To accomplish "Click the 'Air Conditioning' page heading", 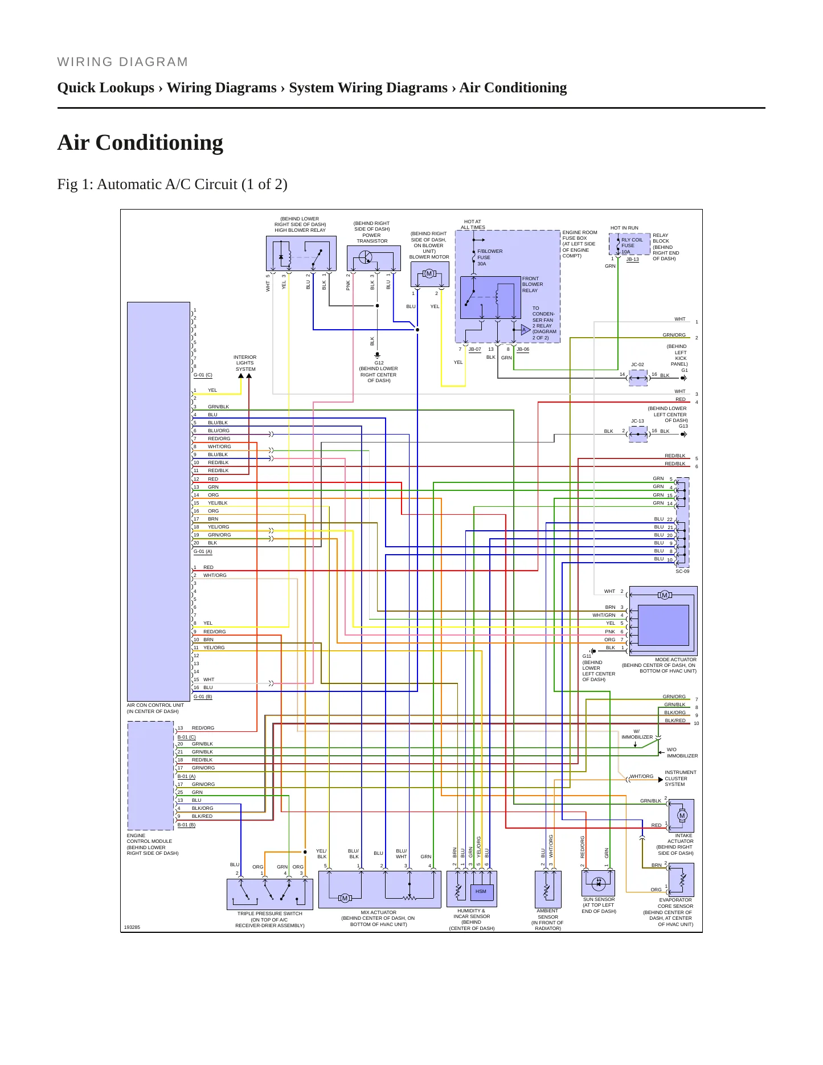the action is coord(140,142).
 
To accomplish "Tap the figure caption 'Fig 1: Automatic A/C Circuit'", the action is coord(148,185).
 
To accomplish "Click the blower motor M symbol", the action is coord(429,274).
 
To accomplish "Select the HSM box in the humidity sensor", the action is coord(481,891).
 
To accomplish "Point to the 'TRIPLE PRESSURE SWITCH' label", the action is coord(270,914).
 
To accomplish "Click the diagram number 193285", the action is coord(132,927).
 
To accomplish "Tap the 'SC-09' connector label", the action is coord(682,571).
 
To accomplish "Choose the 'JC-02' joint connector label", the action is coord(637,364).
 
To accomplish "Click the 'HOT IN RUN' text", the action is coord(624,228).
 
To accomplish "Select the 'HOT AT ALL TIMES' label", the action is coord(473,224).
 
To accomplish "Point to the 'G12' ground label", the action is coord(379,363).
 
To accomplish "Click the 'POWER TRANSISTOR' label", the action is coord(371,238).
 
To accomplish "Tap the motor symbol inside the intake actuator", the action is coord(682,816).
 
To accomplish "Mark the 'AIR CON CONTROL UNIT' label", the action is coord(155,705).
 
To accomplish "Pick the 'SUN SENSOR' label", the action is coord(599,899).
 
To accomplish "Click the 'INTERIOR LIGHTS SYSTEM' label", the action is coord(245,363).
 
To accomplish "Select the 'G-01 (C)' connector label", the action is coord(203,375).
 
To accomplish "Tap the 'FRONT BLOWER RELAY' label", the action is coord(533,284).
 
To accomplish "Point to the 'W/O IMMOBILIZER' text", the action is coord(682,753).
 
